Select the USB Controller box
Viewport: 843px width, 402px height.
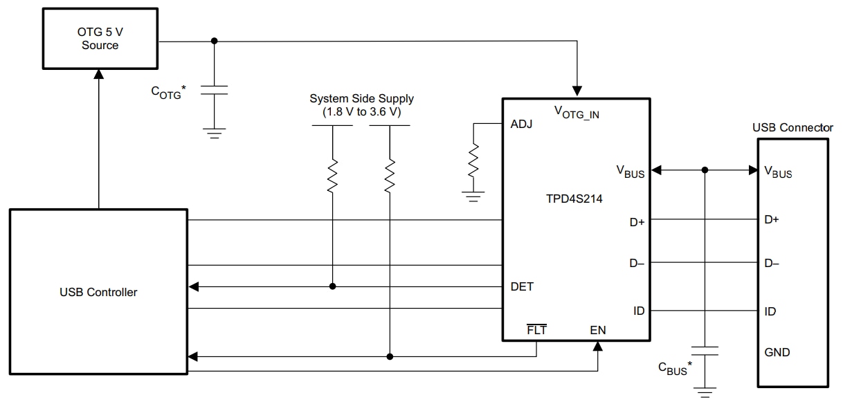tap(98, 292)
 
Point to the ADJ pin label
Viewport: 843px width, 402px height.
tap(520, 125)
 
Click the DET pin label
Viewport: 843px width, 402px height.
tap(521, 286)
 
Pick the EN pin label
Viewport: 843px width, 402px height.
tap(597, 330)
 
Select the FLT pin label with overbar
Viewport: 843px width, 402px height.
tap(536, 330)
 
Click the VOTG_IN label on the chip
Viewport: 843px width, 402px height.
tap(577, 111)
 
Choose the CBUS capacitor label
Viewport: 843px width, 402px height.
tap(676, 368)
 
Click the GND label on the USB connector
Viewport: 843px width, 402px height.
tap(777, 352)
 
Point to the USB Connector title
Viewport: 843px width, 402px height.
tap(792, 128)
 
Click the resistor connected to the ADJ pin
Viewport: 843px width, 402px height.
tap(473, 161)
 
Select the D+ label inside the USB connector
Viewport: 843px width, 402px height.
tap(772, 220)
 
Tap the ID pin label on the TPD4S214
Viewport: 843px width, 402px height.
tap(638, 311)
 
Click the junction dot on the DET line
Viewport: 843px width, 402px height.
tap(332, 286)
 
